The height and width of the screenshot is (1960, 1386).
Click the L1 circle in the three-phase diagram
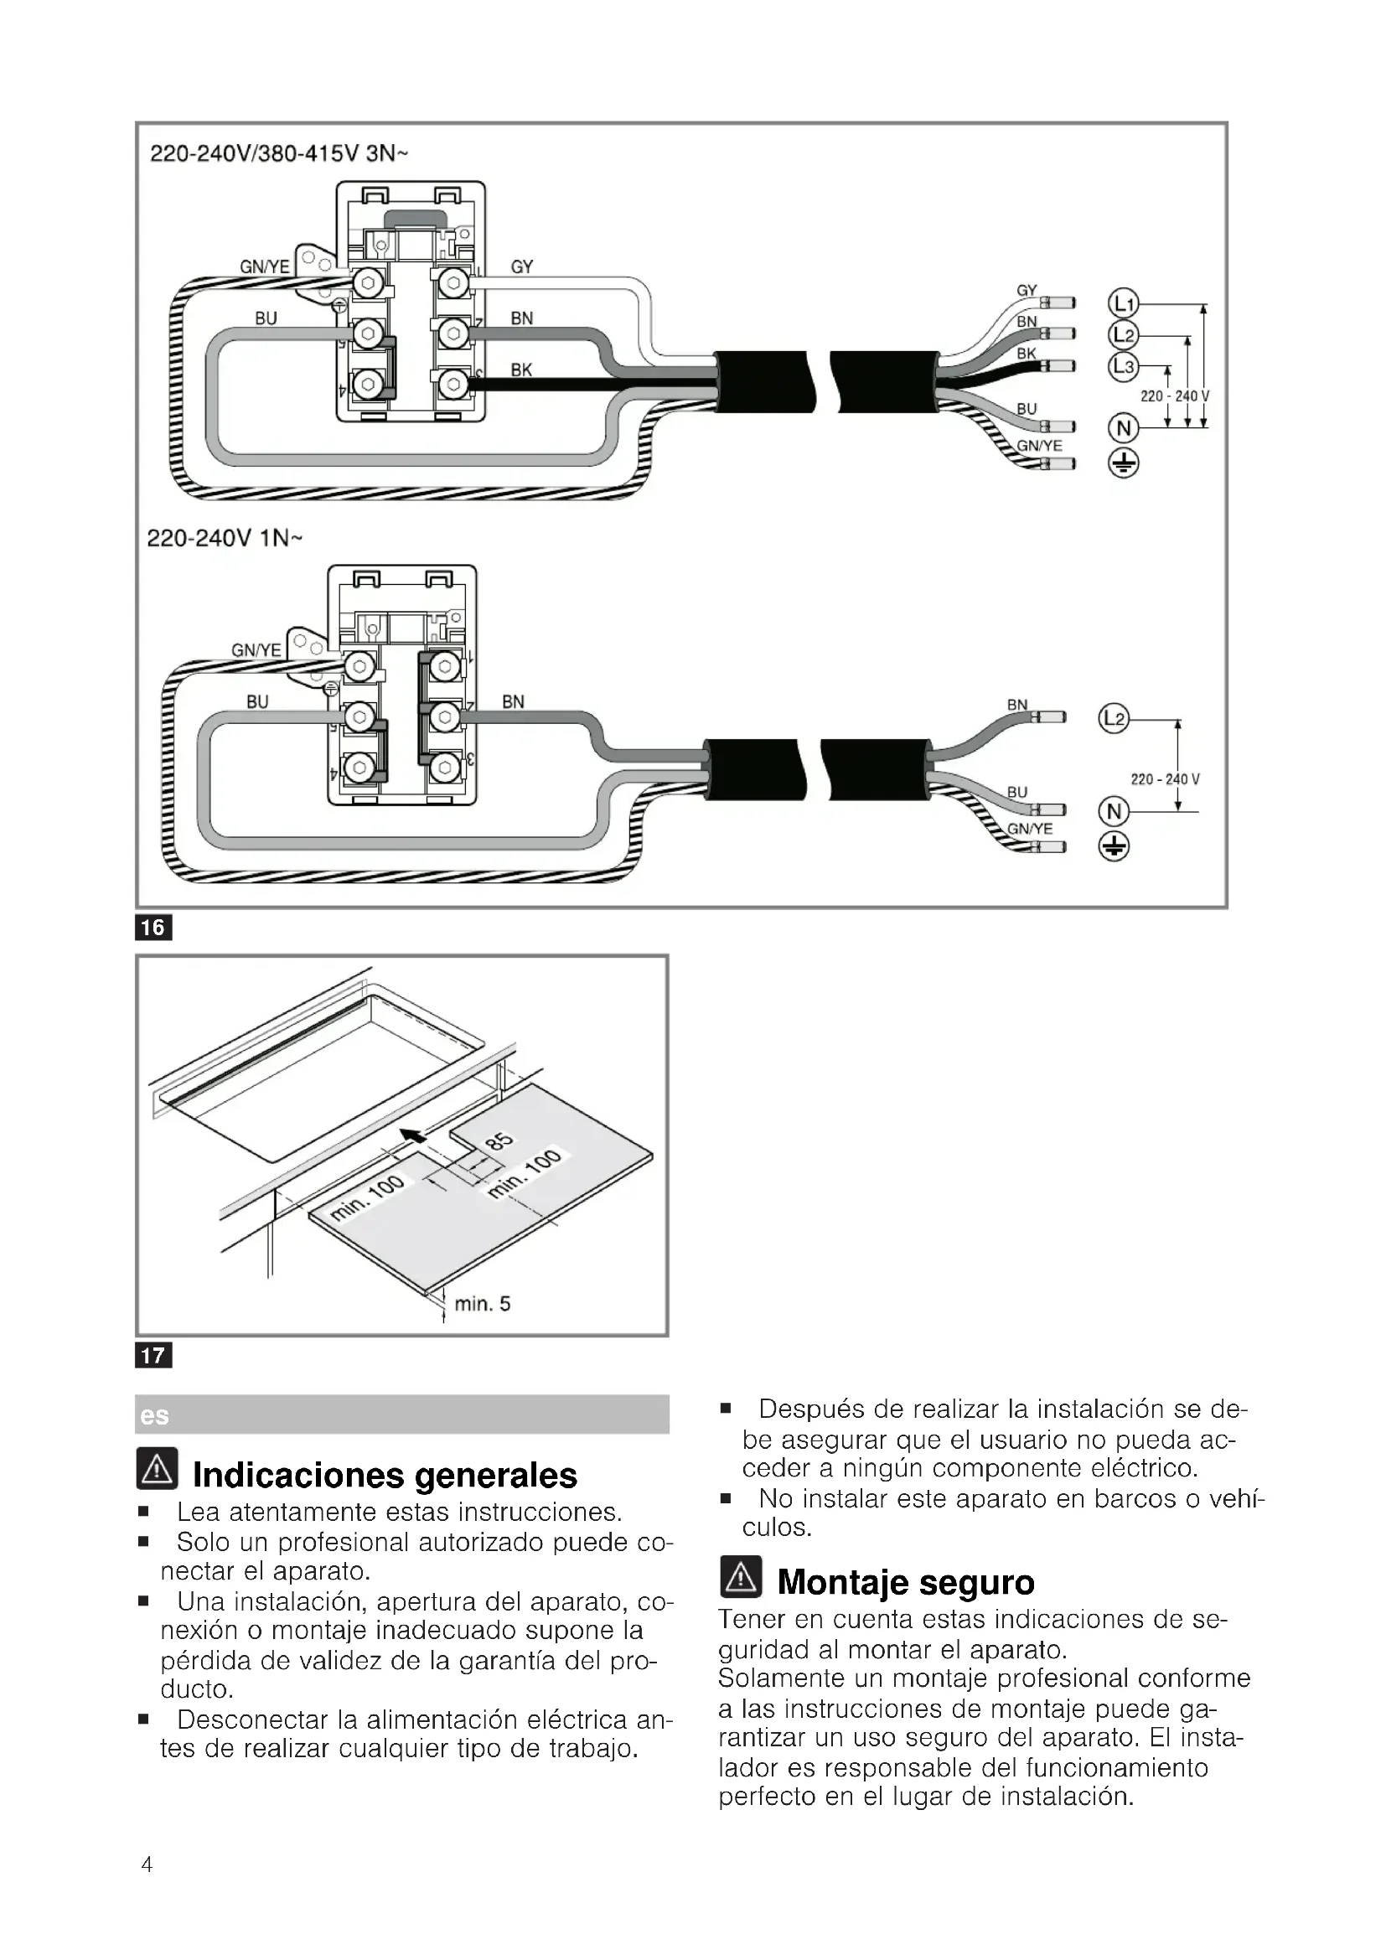(1123, 304)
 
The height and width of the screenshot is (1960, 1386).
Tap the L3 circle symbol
(1123, 367)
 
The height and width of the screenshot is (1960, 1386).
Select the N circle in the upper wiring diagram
(1123, 427)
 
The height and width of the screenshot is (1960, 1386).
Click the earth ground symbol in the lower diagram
(1114, 846)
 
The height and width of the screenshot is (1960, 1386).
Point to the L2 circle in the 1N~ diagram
(1114, 719)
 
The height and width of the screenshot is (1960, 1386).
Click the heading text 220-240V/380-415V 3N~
(279, 153)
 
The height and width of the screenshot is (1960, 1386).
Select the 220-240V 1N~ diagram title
(225, 539)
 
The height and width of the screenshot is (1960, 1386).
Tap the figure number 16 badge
(153, 927)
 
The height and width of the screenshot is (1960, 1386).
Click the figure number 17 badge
(153, 1355)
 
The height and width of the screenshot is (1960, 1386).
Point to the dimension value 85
(499, 1142)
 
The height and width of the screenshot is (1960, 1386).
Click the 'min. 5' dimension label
(482, 1304)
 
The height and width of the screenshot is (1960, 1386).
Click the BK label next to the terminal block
(521, 370)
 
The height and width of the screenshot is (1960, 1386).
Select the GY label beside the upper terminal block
(521, 267)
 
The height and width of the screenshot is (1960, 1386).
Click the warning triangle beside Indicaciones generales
(157, 1468)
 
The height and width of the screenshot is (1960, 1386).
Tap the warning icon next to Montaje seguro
(741, 1576)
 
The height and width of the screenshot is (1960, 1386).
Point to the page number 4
(147, 1864)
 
